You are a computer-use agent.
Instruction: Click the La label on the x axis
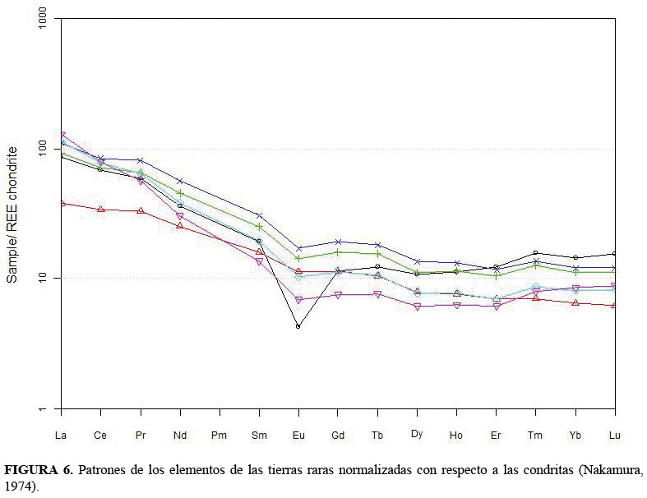(61, 434)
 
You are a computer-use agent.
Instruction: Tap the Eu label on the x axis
(298, 434)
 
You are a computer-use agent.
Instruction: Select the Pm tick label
(219, 434)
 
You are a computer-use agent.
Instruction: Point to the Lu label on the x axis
(614, 434)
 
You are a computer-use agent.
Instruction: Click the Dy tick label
(417, 433)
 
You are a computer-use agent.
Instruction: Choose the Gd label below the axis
(337, 434)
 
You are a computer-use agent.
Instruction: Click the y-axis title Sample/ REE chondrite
(12, 214)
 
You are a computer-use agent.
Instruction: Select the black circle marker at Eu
(298, 326)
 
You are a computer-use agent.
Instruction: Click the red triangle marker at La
(62, 202)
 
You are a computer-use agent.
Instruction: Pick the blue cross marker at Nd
(179, 181)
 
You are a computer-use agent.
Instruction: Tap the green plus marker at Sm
(259, 226)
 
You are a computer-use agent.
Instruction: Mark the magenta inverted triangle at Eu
(298, 300)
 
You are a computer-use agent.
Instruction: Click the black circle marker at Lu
(614, 254)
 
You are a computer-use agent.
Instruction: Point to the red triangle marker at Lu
(614, 305)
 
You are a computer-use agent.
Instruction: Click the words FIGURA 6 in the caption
(39, 471)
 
